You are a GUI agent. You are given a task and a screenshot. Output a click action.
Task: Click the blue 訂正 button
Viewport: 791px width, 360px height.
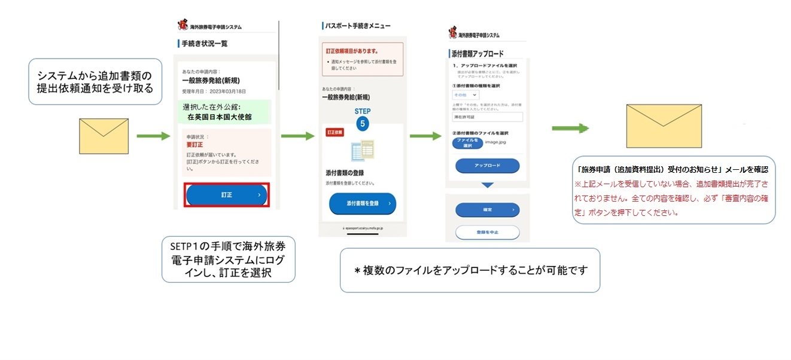[227, 195]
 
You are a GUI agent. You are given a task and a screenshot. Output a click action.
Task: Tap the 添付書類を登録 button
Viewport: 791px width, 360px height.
[362, 203]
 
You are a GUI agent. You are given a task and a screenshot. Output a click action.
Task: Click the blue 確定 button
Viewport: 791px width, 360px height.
[487, 210]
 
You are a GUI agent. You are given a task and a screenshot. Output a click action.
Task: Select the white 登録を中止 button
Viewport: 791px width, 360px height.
[487, 232]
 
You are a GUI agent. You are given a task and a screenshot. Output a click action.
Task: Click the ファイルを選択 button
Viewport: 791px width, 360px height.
[469, 143]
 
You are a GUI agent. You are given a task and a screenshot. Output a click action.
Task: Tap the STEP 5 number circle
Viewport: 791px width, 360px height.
[363, 124]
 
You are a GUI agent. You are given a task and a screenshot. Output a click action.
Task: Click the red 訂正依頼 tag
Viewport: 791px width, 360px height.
[334, 132]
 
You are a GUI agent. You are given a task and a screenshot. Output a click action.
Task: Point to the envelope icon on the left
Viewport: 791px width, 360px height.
[104, 136]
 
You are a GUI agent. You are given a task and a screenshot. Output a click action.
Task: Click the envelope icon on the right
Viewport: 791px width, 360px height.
[664, 126]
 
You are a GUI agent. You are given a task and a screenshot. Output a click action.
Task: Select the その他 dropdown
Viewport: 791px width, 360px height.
[467, 95]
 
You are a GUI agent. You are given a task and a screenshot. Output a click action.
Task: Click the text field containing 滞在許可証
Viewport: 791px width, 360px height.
[487, 117]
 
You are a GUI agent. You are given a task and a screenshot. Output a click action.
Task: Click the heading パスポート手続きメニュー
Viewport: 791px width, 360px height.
[357, 26]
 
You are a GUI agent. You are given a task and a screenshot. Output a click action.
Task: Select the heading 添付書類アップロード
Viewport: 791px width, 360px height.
[477, 54]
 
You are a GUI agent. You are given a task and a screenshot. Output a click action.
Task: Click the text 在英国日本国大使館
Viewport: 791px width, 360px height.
[220, 117]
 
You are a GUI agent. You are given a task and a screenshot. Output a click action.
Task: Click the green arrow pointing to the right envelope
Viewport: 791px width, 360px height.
[570, 129]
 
